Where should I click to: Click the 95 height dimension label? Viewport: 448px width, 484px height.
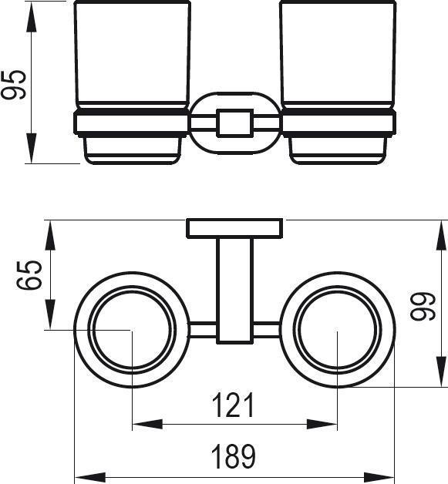pos(14,85)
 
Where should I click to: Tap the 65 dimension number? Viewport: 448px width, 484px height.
pos(29,275)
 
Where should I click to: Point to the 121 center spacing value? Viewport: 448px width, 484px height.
pos(234,405)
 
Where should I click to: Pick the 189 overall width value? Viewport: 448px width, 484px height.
pos(234,456)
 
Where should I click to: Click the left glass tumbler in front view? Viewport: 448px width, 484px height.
pos(133,55)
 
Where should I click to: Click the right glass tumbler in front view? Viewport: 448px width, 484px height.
pos(338,55)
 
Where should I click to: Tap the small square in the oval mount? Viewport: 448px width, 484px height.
pos(235,123)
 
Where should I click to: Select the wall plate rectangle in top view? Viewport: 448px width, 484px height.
pos(234,228)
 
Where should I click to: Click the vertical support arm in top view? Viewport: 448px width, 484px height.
pos(235,291)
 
